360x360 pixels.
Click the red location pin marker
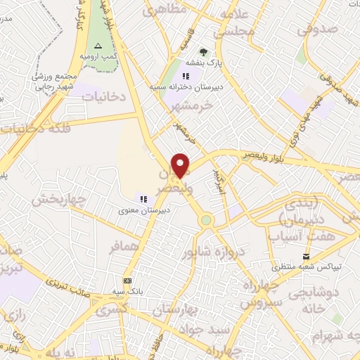(x=181, y=165)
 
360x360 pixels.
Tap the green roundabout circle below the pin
(x=205, y=220)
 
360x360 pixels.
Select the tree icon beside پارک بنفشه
(x=203, y=52)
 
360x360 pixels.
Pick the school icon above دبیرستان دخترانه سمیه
(x=186, y=76)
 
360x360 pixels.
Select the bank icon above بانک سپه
(x=127, y=279)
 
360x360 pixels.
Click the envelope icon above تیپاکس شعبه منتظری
(x=304, y=256)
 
